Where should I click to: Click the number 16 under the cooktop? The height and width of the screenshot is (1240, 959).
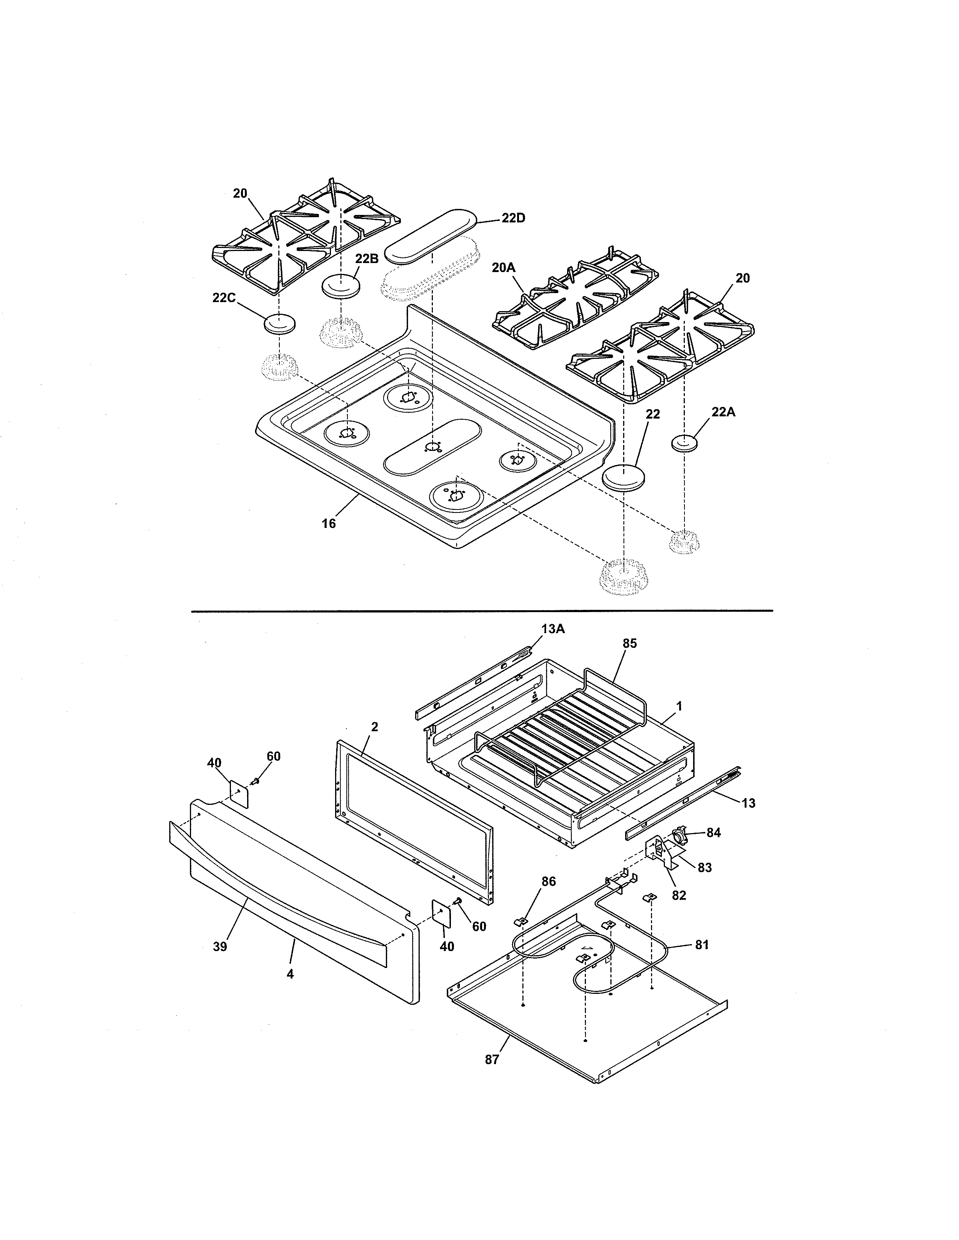pyautogui.click(x=329, y=523)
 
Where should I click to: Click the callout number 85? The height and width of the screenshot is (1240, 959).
pyautogui.click(x=630, y=643)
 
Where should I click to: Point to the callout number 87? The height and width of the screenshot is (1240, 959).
pyautogui.click(x=492, y=1059)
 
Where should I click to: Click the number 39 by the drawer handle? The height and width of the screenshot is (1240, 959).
pyautogui.click(x=220, y=947)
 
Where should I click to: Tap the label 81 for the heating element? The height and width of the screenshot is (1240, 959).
pyautogui.click(x=702, y=945)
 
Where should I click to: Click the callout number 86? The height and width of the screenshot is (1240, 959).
pyautogui.click(x=548, y=881)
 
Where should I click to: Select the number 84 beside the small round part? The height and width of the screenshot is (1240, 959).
pyautogui.click(x=713, y=832)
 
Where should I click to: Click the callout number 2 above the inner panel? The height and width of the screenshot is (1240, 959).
pyautogui.click(x=375, y=727)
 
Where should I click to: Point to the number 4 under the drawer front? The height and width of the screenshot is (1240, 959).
pyautogui.click(x=290, y=974)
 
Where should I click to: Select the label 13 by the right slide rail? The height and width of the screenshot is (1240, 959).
pyautogui.click(x=749, y=803)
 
